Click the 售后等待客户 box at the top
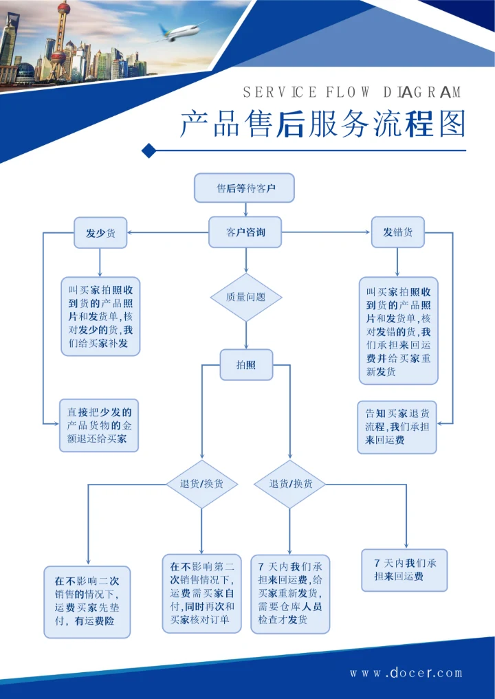point(245,188)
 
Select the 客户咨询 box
point(245,232)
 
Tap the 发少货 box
point(100,232)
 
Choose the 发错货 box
point(398,232)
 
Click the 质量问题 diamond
point(245,297)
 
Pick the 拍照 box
point(245,365)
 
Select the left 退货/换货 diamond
point(201,484)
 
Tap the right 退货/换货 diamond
point(289,484)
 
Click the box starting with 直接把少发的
point(99,425)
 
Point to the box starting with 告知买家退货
point(397,427)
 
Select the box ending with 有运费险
point(87,601)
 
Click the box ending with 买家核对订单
point(201,594)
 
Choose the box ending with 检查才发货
point(289,594)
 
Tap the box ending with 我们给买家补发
point(100,316)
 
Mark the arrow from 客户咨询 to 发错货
point(326,232)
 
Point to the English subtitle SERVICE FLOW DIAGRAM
point(352,92)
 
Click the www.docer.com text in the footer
point(406,673)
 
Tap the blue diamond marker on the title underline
point(146,150)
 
